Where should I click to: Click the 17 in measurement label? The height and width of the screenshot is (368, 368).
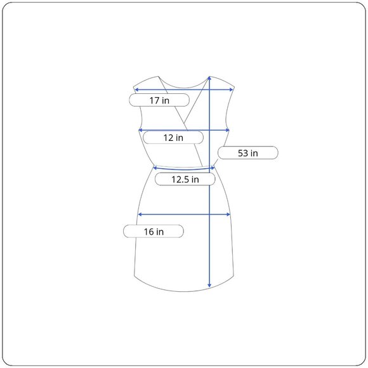coord(159,100)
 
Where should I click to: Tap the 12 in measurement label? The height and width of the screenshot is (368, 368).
coord(173,138)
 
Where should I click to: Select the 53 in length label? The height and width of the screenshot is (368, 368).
coord(248,153)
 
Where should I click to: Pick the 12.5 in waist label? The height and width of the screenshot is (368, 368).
coord(185,180)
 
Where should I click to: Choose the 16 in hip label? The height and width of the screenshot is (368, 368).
coord(154,232)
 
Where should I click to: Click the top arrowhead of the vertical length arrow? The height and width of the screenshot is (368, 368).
coord(209,78)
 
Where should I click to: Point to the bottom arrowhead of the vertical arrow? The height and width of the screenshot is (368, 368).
coord(209,286)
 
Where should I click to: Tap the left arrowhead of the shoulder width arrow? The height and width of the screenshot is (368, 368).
coord(136,89)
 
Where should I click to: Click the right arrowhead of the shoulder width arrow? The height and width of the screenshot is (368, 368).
coord(232,89)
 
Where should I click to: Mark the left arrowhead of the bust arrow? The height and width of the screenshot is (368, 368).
coord(141,130)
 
